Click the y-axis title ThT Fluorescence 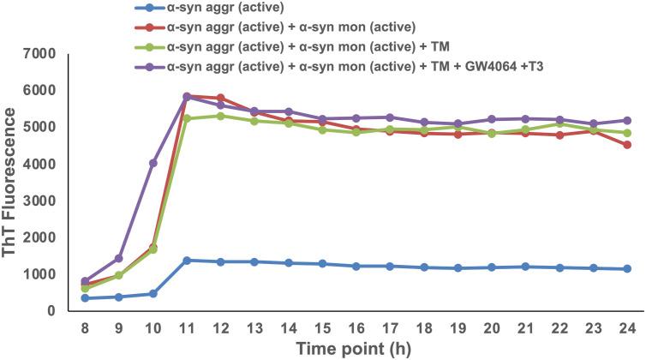click(12, 182)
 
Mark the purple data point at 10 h click(153, 163)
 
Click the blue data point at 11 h click(187, 260)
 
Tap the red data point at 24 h click(626, 145)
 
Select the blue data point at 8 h click(86, 298)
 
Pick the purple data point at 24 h click(626, 121)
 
